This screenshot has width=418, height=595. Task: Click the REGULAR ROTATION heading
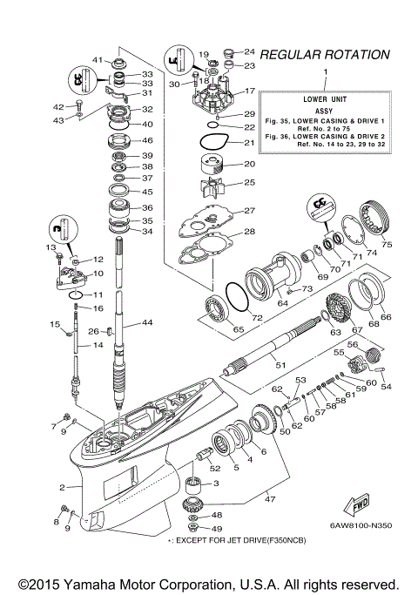325,54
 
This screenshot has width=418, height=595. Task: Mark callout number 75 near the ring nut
387,244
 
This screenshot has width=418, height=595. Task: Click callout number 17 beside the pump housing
248,91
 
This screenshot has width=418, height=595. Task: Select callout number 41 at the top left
98,60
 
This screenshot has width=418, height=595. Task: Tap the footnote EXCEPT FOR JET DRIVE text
236,541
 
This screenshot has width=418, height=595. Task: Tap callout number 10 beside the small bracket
98,274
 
